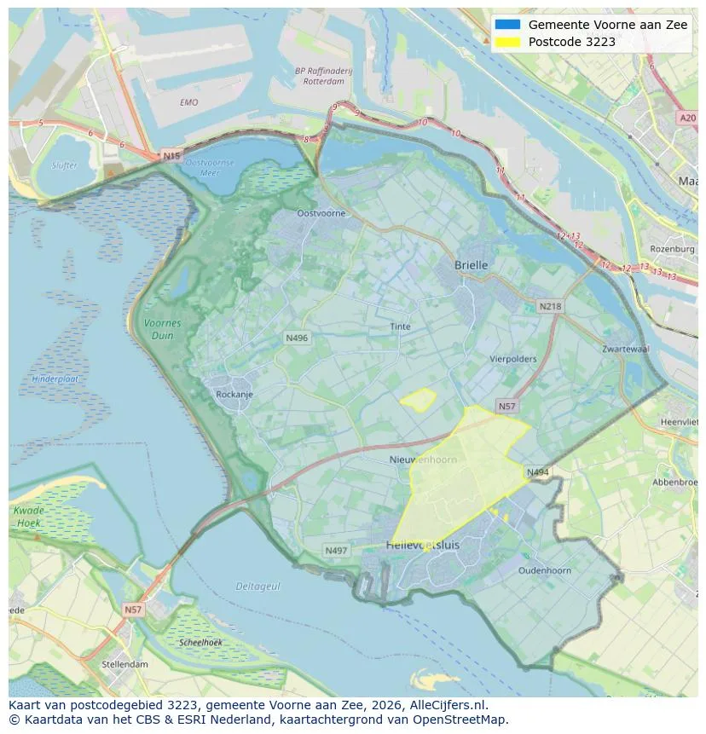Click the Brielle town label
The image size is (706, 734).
[x=471, y=265]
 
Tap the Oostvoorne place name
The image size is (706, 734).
[x=321, y=213]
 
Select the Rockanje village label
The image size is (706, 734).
[x=235, y=394]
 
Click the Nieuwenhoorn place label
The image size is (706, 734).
[x=423, y=459]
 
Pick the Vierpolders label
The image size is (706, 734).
[x=512, y=359]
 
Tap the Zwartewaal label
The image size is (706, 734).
[x=625, y=349]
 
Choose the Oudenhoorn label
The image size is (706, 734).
[x=544, y=570]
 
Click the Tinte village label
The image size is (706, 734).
[x=400, y=327]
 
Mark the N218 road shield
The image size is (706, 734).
[x=550, y=306]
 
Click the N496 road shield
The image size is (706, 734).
[x=296, y=338]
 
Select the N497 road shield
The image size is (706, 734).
[x=336, y=551]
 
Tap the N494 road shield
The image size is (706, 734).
[x=537, y=472]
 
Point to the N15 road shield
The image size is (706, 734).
[x=171, y=156]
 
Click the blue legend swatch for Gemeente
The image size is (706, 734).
[x=506, y=25]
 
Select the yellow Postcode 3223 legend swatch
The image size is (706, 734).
[x=506, y=42]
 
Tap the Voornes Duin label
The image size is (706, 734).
[x=162, y=329]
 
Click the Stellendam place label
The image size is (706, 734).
[x=124, y=664]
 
